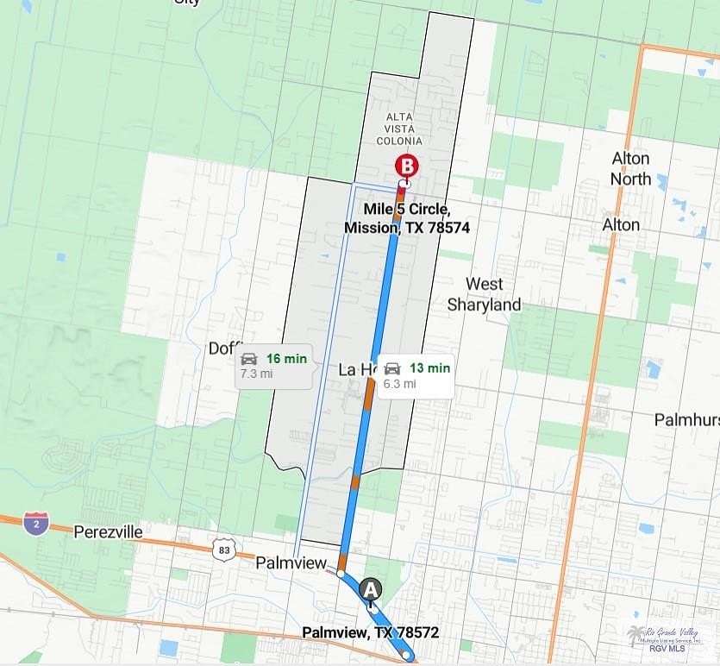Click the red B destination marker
click(406, 165)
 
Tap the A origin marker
click(371, 589)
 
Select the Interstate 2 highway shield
click(35, 521)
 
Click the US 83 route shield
click(224, 549)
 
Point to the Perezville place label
click(108, 531)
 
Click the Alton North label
click(630, 169)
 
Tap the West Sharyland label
click(484, 294)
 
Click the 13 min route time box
click(416, 375)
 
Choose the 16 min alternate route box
click(274, 366)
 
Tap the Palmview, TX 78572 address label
click(370, 632)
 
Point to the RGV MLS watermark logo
click(664, 638)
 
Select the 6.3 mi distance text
click(400, 384)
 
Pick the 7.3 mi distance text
click(256, 374)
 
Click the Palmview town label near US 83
click(291, 563)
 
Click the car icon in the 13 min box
click(392, 368)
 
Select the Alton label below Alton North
click(621, 225)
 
